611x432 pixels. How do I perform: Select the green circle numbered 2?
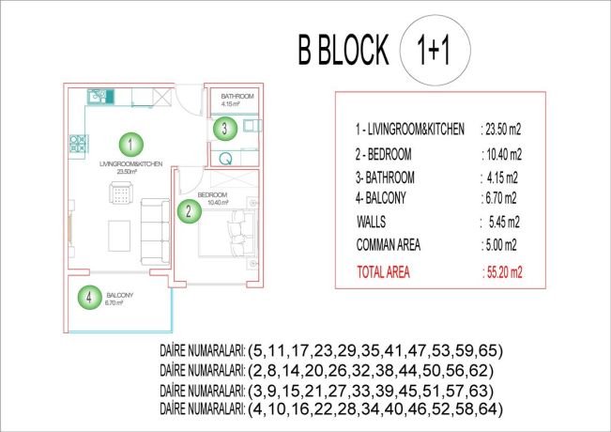(x=189, y=210)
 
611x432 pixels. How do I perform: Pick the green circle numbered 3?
(x=224, y=129)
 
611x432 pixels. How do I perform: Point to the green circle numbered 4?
(x=88, y=298)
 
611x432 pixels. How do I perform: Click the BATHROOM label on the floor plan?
(x=237, y=97)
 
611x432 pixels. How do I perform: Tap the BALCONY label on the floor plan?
(x=121, y=295)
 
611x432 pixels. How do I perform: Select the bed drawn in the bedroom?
(x=234, y=235)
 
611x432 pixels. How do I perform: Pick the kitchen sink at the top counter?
(x=98, y=95)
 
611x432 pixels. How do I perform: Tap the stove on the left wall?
(x=74, y=145)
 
